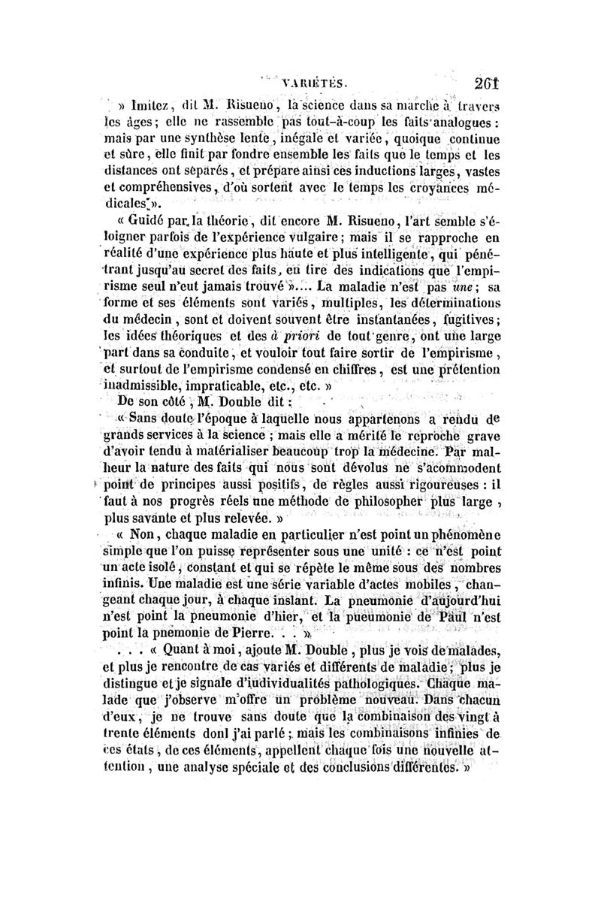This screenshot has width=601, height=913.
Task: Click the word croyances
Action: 441,188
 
